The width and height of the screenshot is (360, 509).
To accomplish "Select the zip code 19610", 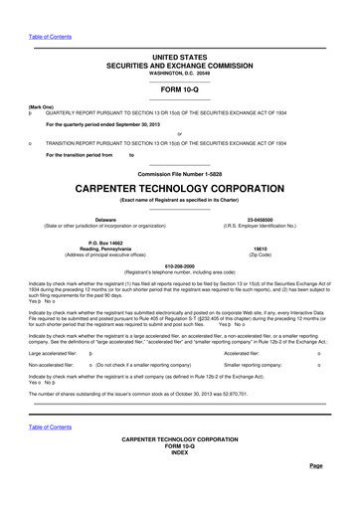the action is click(261, 248).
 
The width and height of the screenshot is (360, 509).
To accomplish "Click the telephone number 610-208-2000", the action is click(179, 265).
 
